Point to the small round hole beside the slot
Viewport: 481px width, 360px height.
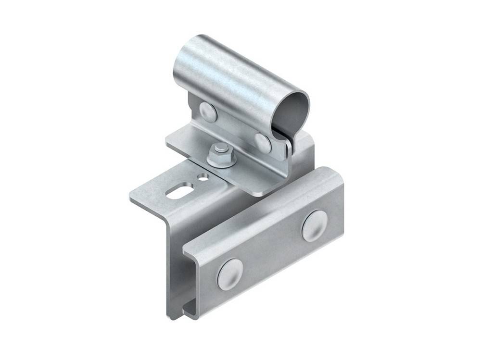click(x=203, y=177)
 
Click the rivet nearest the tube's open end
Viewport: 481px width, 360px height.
click(x=263, y=142)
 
